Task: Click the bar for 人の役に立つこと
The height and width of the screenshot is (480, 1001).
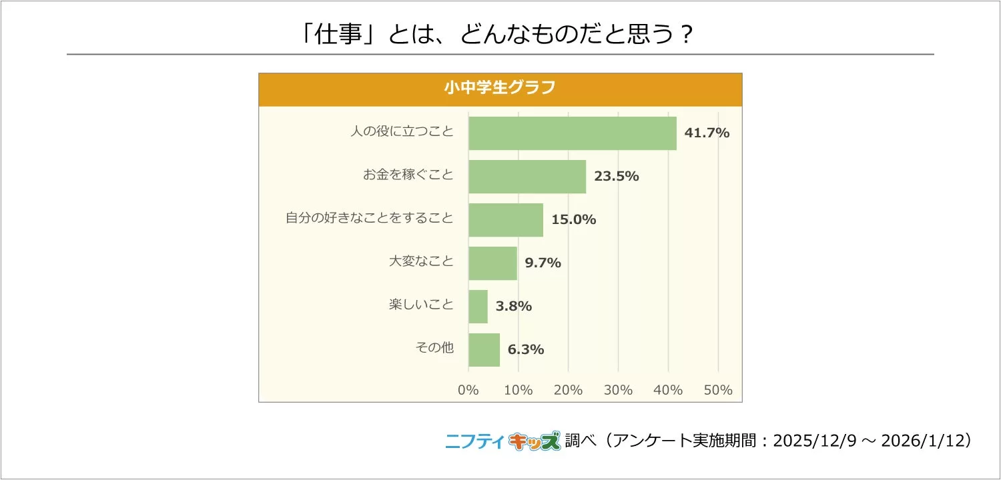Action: pos(572,133)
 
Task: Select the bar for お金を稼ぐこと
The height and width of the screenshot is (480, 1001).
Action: pos(527,176)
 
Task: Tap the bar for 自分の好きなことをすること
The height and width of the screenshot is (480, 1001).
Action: pos(506,219)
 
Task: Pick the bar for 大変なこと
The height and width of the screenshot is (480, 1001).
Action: pos(492,263)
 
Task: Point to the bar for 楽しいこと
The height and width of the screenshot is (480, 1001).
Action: pos(478,306)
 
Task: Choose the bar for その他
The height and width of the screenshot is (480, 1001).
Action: pos(484,349)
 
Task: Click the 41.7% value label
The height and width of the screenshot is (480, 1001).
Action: pos(707,133)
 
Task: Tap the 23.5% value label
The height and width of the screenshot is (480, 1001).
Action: pos(617,176)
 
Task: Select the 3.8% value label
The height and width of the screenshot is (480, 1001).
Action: pos(513,306)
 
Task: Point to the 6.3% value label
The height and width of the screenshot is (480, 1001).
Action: pos(526,349)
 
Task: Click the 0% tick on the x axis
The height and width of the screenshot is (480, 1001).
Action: pos(468,390)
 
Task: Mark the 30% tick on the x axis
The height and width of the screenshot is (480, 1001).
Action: pos(618,390)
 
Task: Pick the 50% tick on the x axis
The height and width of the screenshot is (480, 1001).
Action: pos(718,390)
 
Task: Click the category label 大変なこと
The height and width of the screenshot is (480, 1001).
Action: pos(421,261)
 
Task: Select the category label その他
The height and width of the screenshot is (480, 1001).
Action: pos(434,347)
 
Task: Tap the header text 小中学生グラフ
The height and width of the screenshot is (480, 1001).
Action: pos(500,89)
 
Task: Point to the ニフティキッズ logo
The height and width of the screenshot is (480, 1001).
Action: pos(503,441)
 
